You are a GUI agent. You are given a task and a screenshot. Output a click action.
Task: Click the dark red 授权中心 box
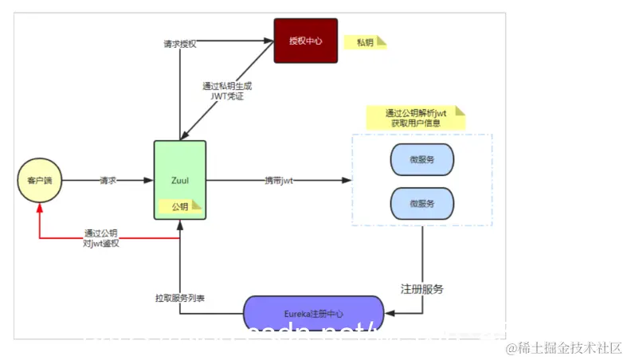[x=306, y=41]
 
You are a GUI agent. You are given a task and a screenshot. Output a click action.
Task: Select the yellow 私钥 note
[x=365, y=42]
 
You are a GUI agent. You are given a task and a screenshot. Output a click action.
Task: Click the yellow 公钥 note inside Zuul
[x=181, y=207]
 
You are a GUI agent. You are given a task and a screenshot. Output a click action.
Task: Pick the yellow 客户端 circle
[x=39, y=181]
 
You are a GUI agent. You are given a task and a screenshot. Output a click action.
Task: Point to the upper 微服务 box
[x=421, y=160]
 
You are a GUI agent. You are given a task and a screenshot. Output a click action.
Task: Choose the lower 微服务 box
[x=421, y=203]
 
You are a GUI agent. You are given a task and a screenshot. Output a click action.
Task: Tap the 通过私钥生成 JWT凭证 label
[x=227, y=90]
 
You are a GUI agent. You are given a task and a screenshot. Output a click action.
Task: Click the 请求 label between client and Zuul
[x=108, y=181]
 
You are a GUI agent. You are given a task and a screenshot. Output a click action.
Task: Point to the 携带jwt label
[x=279, y=181]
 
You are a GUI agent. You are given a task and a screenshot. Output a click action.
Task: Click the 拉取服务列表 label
[x=179, y=297]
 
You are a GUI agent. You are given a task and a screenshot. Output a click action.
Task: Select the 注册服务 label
[x=422, y=288]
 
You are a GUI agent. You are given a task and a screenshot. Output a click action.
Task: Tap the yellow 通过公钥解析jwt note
[x=415, y=118]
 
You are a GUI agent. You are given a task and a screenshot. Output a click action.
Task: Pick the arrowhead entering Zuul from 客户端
[x=148, y=181]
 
